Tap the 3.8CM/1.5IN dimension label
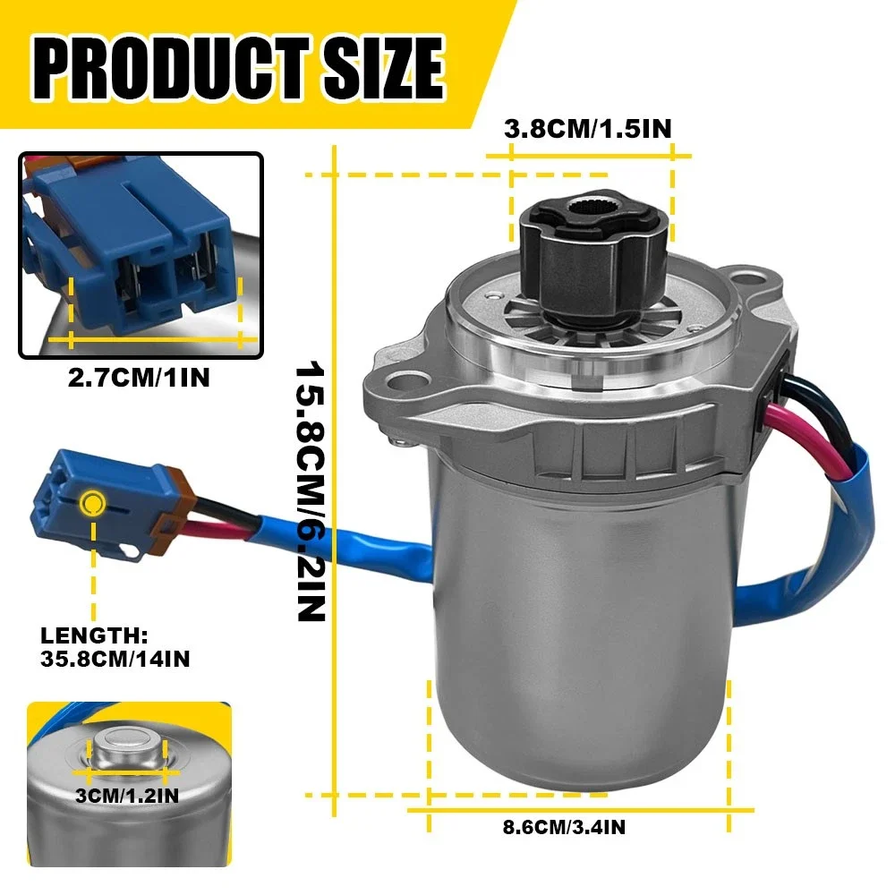coord(587,128)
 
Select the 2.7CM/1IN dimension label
coord(139,378)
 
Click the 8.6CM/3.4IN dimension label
coord(564,826)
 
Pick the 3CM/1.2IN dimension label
coord(127,795)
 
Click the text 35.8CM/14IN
coord(115,659)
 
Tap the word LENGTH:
coord(94,635)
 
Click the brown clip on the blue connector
coord(170,504)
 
